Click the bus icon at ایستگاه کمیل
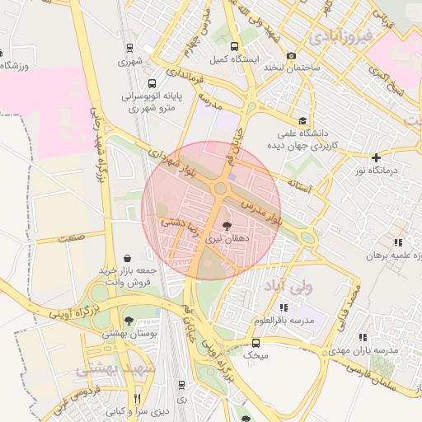coord(235,46)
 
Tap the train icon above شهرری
coord(129,48)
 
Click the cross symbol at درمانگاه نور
coord(376,157)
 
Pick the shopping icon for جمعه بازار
coord(126,258)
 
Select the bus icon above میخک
coord(256,342)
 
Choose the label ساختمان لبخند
coord(291,66)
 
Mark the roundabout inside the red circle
coord(220,189)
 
